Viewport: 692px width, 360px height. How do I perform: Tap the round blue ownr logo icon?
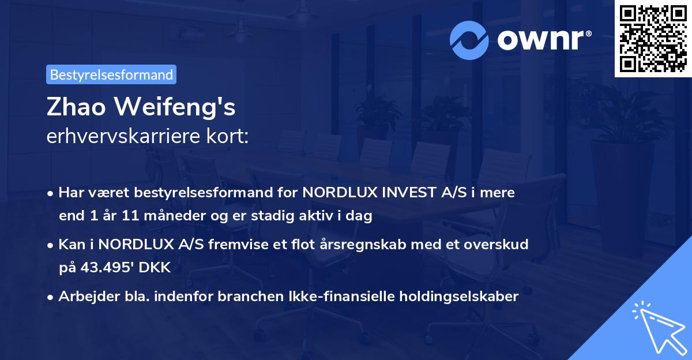pyautogui.click(x=469, y=40)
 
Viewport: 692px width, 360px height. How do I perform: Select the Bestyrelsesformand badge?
pyautogui.click(x=111, y=74)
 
